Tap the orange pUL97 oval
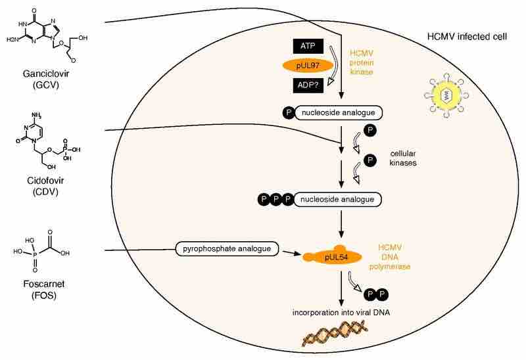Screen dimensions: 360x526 click(308, 66)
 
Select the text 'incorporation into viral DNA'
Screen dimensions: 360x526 click(341, 311)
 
